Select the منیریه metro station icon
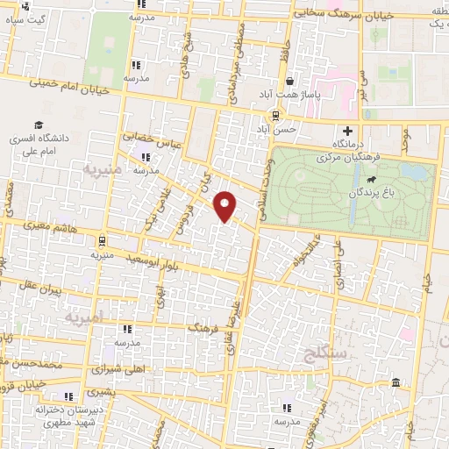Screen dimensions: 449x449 [102, 240]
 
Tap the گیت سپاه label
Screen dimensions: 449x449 [26, 18]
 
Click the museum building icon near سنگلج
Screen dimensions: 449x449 [396, 383]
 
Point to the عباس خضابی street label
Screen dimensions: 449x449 [150, 137]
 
